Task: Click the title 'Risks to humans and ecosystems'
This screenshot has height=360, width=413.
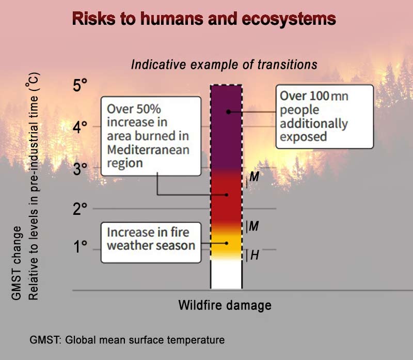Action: point(204,19)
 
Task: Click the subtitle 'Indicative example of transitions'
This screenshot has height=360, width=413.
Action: point(224,66)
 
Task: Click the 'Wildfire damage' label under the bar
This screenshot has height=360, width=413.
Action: point(225,305)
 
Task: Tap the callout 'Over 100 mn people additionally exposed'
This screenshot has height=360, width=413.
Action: point(324,116)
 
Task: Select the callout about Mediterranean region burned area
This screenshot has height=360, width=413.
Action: point(149,136)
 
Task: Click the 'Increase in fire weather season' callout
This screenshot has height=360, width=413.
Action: point(151,238)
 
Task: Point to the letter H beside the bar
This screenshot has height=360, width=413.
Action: point(254,255)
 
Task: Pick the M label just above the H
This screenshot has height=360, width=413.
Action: point(254,226)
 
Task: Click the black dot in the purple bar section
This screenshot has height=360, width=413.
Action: point(227,112)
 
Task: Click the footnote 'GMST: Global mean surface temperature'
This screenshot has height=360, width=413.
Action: point(127,340)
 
